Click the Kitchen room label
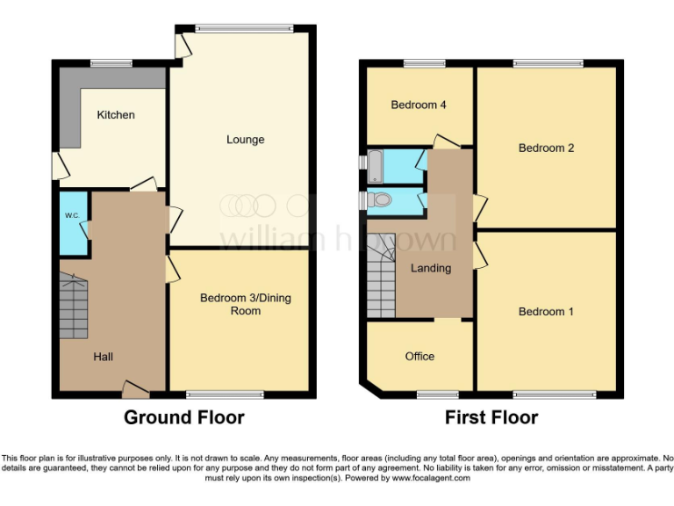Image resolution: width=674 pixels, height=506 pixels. [116, 115]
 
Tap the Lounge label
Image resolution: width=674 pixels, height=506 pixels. [245, 140]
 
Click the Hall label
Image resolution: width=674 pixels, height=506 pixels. [104, 357]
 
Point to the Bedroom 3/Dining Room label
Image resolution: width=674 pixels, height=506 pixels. [245, 304]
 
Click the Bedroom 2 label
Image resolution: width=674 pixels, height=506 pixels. [546, 148]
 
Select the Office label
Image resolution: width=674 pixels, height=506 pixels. [419, 357]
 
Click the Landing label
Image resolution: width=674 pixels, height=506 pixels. [431, 268]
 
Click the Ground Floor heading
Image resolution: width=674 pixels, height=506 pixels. [183, 417]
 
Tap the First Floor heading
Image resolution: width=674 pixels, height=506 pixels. [491, 417]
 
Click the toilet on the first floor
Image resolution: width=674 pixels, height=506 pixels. [380, 200]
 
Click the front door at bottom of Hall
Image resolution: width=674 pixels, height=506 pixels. [135, 387]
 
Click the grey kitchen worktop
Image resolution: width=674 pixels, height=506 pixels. [70, 105]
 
